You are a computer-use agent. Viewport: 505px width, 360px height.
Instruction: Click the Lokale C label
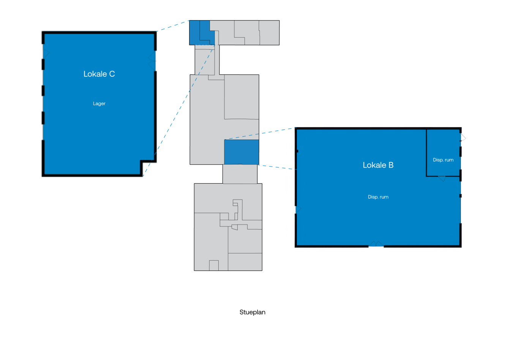click(x=99, y=74)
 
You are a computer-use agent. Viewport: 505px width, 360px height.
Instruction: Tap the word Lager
click(x=99, y=104)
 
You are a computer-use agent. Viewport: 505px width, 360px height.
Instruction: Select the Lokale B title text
click(x=378, y=165)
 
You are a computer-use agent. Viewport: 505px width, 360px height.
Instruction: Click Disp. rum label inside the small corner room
click(x=443, y=160)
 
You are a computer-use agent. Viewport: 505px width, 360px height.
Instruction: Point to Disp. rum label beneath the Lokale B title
click(x=378, y=197)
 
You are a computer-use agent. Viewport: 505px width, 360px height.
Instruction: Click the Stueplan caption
click(x=252, y=312)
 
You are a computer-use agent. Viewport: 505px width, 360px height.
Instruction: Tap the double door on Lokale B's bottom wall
click(x=376, y=244)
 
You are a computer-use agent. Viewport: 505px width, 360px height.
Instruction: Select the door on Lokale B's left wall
click(x=298, y=209)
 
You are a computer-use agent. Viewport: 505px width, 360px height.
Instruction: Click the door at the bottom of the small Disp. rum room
click(x=442, y=179)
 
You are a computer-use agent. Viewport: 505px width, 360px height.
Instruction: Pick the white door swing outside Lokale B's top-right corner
click(x=463, y=138)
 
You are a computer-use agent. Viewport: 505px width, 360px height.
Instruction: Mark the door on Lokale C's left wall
click(x=46, y=53)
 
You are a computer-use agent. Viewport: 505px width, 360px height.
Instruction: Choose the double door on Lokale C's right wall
click(x=152, y=61)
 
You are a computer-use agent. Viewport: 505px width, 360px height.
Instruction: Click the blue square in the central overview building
click(x=241, y=152)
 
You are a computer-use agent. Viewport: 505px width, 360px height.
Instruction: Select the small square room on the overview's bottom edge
click(x=214, y=266)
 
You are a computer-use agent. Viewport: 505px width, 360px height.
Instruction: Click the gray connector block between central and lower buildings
click(x=240, y=174)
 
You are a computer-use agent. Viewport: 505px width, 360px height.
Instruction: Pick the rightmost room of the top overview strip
click(x=269, y=33)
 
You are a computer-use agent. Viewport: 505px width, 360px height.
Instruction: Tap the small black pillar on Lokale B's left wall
click(x=297, y=151)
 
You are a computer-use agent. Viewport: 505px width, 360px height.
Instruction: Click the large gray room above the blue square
click(x=241, y=97)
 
